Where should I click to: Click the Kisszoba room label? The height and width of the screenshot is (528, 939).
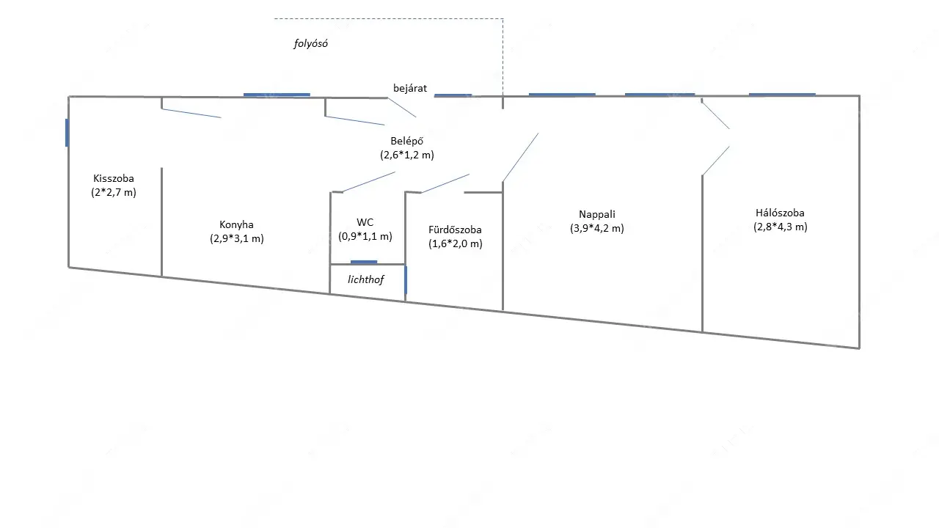point(114,178)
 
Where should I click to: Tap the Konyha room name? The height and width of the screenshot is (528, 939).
point(236,224)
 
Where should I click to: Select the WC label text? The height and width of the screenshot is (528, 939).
point(365,222)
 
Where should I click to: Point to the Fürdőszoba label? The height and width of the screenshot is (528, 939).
point(455,230)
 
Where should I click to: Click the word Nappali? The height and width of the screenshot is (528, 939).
point(596,214)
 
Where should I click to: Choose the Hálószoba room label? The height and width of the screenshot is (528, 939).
point(780,213)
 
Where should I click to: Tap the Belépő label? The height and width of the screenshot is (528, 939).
point(407,141)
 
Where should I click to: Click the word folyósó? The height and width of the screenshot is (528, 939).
point(310,43)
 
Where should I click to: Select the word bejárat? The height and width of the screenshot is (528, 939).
point(409,89)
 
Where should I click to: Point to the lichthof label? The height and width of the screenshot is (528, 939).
point(365,279)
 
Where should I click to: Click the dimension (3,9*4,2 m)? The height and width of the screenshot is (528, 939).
point(596,228)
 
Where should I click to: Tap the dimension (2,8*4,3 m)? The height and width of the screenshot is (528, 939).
point(780,227)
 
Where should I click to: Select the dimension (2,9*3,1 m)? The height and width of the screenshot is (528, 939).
point(236,238)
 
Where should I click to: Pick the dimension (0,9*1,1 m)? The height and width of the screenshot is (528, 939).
point(365,236)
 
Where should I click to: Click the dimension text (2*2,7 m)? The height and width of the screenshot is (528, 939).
point(114,192)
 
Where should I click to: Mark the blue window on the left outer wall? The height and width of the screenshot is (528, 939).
point(67,133)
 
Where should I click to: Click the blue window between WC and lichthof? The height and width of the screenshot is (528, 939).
point(364,262)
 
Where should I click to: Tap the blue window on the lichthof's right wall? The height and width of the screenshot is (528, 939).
point(406,280)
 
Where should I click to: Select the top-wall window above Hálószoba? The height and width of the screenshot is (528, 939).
point(782,94)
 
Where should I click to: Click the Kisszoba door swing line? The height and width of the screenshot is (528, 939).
point(191,113)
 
